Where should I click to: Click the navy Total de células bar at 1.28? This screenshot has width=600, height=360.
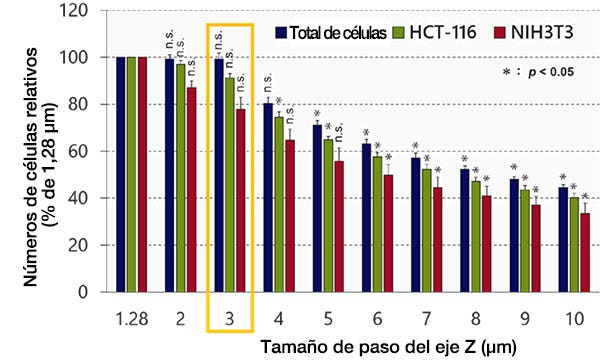(121, 174)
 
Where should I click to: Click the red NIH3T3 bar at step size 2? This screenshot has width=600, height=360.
(193, 189)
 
